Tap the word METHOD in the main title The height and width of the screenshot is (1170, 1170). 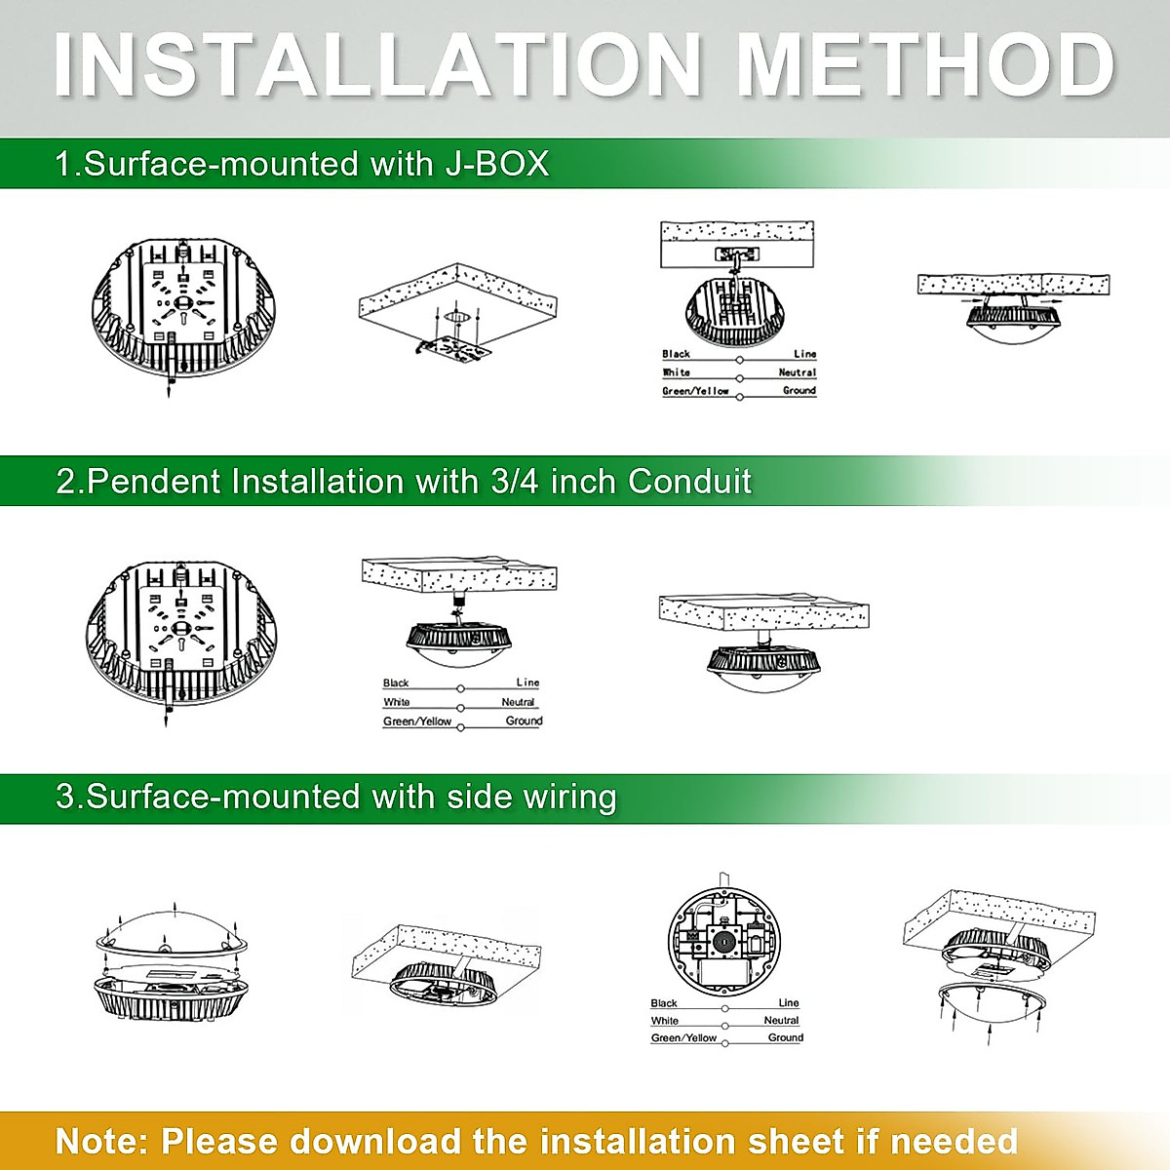924,65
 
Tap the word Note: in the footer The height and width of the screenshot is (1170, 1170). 101,1140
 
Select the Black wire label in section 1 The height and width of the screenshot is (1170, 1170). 676,354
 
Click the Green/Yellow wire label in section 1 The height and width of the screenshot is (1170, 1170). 695,391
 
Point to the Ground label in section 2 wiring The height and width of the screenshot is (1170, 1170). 524,721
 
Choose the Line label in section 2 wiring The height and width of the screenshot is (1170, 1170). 527,682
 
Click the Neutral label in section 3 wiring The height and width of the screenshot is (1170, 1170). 781,1021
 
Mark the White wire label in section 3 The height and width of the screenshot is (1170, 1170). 664,1021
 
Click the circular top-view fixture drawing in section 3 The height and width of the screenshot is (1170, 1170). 726,940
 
